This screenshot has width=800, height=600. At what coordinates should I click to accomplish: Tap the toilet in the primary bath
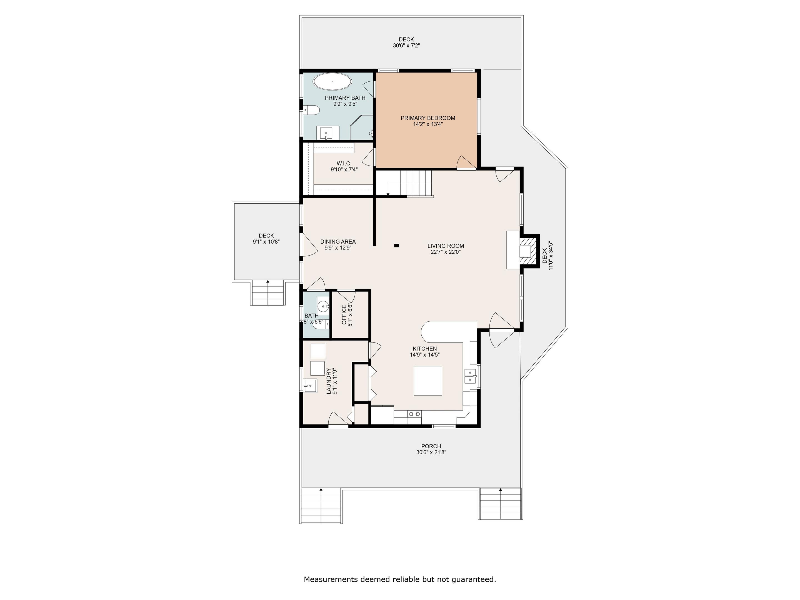[311, 110]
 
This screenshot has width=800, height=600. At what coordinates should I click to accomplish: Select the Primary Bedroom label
[428, 118]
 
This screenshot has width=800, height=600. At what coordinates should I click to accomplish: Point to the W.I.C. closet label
[344, 163]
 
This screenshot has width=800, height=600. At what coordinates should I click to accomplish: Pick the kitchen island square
[428, 381]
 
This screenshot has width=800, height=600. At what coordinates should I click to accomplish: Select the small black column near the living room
[396, 246]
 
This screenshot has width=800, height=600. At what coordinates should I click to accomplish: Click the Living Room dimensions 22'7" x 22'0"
[446, 252]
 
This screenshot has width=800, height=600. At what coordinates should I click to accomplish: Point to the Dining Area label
[338, 242]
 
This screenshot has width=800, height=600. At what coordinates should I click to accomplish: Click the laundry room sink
[310, 386]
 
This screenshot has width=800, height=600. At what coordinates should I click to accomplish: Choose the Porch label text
[431, 446]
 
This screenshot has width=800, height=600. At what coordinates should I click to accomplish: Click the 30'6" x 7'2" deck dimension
[406, 46]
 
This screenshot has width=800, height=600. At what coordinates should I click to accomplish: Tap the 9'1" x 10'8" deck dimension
[266, 242]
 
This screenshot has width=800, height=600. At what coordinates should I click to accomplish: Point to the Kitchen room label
[425, 349]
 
